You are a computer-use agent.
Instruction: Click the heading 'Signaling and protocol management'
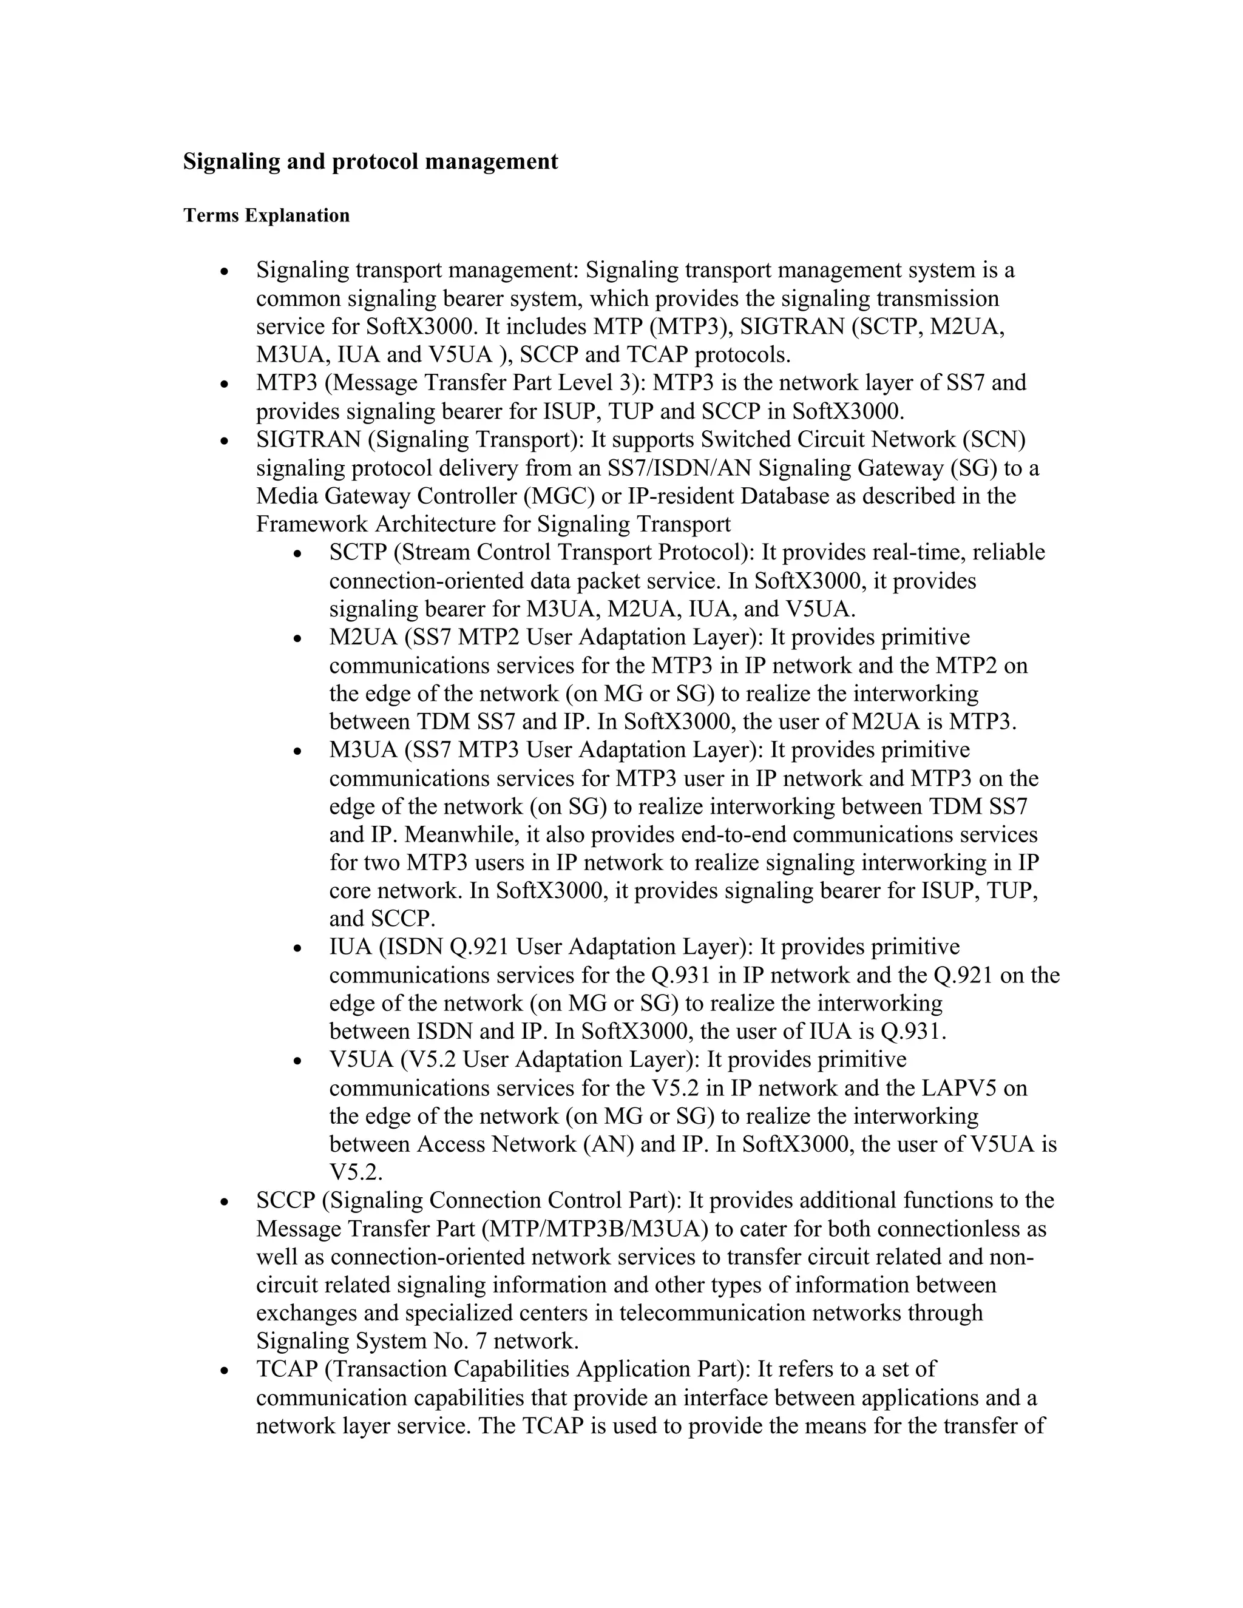370,161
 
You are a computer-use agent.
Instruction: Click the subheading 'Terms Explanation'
266,216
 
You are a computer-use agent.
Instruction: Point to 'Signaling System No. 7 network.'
418,1341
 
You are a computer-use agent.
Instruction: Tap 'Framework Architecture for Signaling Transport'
493,524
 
